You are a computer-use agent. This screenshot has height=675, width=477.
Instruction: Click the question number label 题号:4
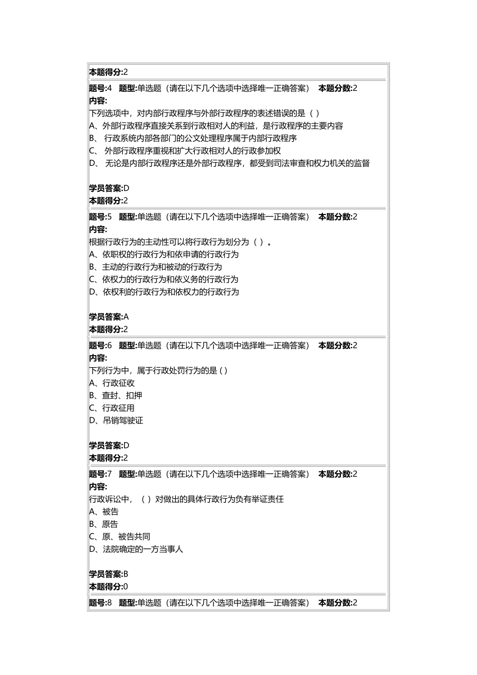click(x=100, y=88)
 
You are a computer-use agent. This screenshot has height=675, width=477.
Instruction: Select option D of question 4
click(x=229, y=163)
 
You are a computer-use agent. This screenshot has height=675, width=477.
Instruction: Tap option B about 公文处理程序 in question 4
click(x=193, y=138)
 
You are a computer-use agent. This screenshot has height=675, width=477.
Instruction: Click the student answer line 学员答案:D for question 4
click(x=109, y=188)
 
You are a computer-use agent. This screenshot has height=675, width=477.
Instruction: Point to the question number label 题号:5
click(x=100, y=217)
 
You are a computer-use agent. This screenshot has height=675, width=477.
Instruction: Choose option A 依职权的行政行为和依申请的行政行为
click(x=164, y=255)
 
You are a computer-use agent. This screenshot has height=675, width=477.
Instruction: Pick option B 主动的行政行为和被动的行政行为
click(x=155, y=267)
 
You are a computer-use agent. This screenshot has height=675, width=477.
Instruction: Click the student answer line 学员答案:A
click(x=109, y=317)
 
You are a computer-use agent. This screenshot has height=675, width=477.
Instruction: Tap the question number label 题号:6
click(x=100, y=346)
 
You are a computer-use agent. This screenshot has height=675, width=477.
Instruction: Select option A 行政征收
click(x=112, y=383)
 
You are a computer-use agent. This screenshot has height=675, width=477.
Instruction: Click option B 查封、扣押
click(x=115, y=396)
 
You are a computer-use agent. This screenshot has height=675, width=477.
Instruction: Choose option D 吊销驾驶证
click(x=116, y=421)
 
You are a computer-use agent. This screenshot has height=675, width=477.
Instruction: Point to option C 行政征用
click(x=112, y=408)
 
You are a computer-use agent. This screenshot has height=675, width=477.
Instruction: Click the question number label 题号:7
click(x=100, y=474)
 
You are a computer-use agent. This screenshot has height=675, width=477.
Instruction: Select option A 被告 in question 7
click(x=104, y=512)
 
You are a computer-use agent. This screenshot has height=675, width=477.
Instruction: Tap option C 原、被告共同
click(x=120, y=537)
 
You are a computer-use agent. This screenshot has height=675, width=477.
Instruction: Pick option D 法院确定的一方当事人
click(x=136, y=549)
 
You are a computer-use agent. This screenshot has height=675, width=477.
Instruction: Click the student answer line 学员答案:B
click(x=109, y=574)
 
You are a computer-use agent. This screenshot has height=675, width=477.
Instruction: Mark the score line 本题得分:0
click(x=108, y=587)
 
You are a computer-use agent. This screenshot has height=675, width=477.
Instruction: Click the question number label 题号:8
click(x=100, y=603)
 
